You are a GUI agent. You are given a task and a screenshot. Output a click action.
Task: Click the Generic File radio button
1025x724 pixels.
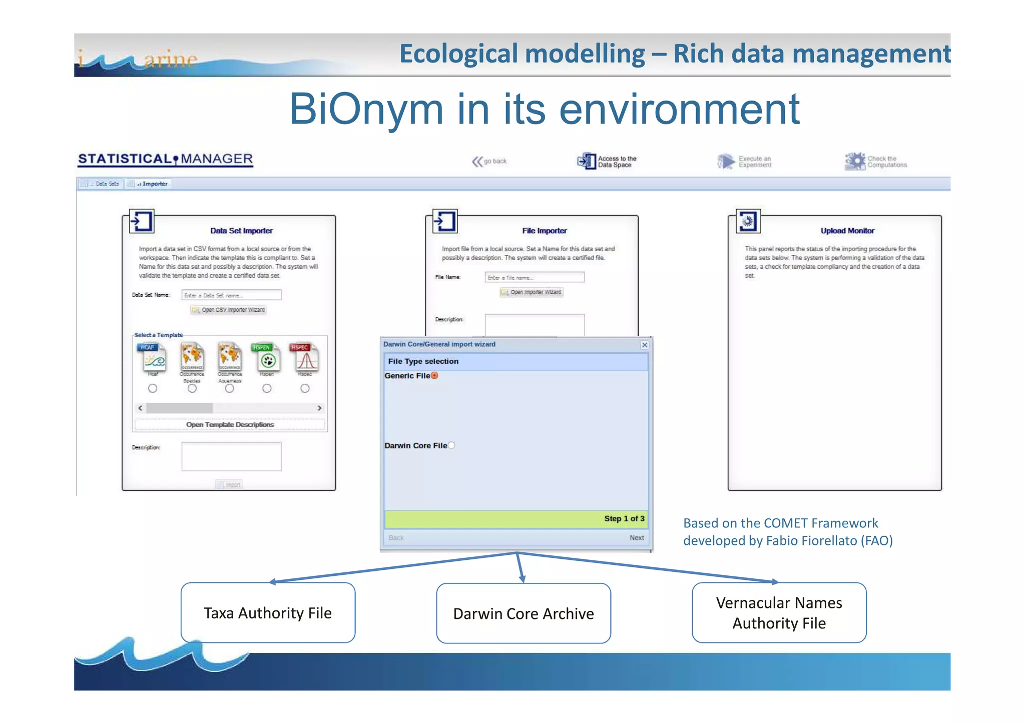point(434,376)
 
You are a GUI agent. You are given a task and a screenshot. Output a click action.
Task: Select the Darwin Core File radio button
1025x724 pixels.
point(451,445)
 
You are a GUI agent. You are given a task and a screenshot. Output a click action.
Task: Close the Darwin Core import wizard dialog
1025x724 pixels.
point(645,345)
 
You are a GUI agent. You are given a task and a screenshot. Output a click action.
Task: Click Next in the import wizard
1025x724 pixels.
point(637,538)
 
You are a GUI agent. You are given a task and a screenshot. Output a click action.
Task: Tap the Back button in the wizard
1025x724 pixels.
point(396,538)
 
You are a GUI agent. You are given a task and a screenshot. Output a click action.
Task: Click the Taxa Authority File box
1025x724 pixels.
point(268,613)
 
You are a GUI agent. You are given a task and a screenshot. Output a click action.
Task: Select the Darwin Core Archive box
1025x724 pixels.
point(524,613)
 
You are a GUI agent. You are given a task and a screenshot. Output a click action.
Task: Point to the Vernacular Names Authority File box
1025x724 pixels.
point(779,613)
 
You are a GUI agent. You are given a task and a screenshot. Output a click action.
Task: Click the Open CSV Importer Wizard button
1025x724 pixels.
point(229,310)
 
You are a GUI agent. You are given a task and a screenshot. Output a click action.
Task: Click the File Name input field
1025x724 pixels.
point(534,277)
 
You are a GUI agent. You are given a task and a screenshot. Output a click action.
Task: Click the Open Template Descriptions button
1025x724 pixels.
point(230,425)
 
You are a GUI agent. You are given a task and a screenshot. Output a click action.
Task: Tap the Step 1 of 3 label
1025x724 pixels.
point(624,519)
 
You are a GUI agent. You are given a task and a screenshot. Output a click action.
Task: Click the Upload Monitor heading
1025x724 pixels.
point(847,231)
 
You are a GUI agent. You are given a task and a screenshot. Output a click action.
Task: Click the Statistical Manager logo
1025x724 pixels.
point(165,159)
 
